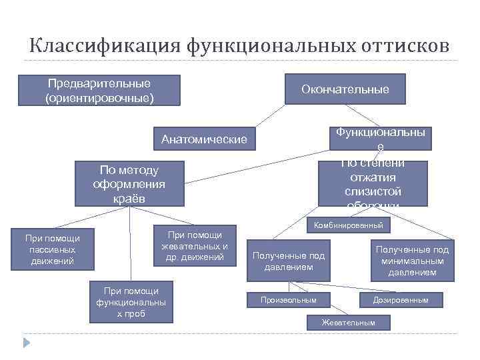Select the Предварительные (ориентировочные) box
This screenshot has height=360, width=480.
click(x=99, y=91)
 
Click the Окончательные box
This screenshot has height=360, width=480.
click(x=345, y=89)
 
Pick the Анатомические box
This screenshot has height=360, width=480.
click(x=204, y=139)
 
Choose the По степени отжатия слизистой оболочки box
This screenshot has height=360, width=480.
click(x=373, y=183)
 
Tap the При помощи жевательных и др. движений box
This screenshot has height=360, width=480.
click(x=195, y=246)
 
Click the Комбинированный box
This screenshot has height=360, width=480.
click(x=348, y=225)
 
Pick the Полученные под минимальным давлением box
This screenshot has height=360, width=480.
click(x=412, y=261)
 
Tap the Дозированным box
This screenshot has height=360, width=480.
click(x=401, y=300)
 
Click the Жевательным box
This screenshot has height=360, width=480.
click(x=348, y=323)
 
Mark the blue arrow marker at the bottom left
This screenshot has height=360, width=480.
click(x=27, y=343)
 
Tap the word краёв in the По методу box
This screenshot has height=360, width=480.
click(x=129, y=199)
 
